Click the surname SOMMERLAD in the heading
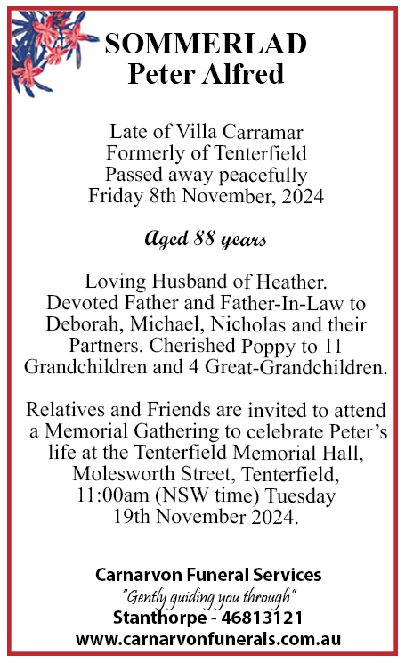pos(206,43)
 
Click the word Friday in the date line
pos(117,193)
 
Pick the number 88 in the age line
pos(207,240)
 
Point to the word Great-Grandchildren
pos(300,365)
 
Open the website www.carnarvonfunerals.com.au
pos(208,639)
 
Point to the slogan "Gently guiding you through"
pos(208,596)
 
